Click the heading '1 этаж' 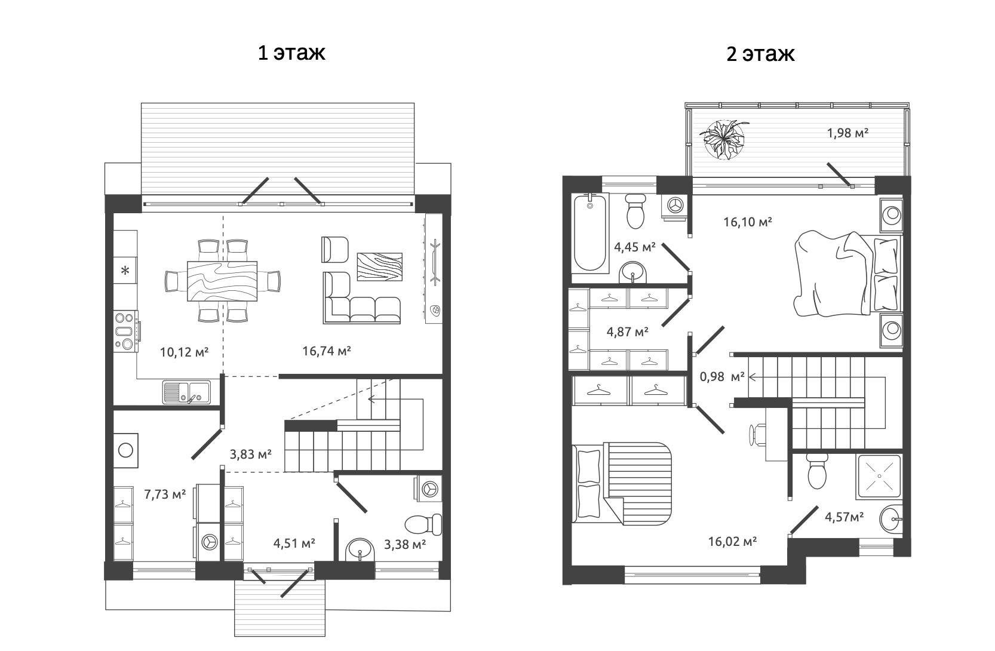(x=291, y=53)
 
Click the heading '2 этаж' (x=760, y=54)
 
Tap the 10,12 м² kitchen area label (x=183, y=352)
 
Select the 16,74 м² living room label (x=326, y=351)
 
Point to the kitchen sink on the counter (x=186, y=392)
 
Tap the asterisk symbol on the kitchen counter (x=125, y=271)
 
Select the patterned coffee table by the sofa (x=379, y=266)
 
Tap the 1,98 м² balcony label (x=847, y=133)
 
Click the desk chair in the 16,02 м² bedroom (x=757, y=435)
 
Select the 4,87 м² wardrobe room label (x=627, y=331)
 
